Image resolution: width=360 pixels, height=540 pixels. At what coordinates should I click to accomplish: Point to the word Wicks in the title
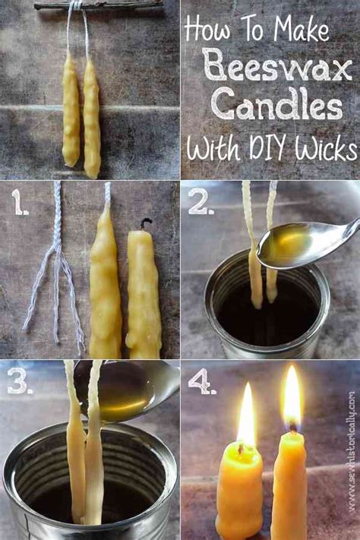click(326, 149)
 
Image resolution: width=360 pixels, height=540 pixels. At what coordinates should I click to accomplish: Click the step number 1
click(20, 202)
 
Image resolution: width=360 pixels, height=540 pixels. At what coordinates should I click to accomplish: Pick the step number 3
click(20, 381)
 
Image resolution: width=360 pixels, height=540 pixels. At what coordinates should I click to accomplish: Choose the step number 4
click(202, 381)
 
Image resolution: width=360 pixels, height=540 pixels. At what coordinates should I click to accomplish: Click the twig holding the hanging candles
click(98, 5)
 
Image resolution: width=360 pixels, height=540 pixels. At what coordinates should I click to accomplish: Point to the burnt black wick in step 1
click(146, 223)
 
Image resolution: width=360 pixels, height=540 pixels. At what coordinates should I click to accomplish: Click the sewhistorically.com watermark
click(351, 451)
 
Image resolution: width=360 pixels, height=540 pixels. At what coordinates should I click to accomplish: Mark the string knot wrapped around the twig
click(76, 5)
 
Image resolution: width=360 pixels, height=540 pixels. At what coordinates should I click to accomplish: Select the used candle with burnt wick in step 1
click(144, 292)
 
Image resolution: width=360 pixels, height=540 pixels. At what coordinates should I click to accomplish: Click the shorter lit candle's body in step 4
click(239, 492)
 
